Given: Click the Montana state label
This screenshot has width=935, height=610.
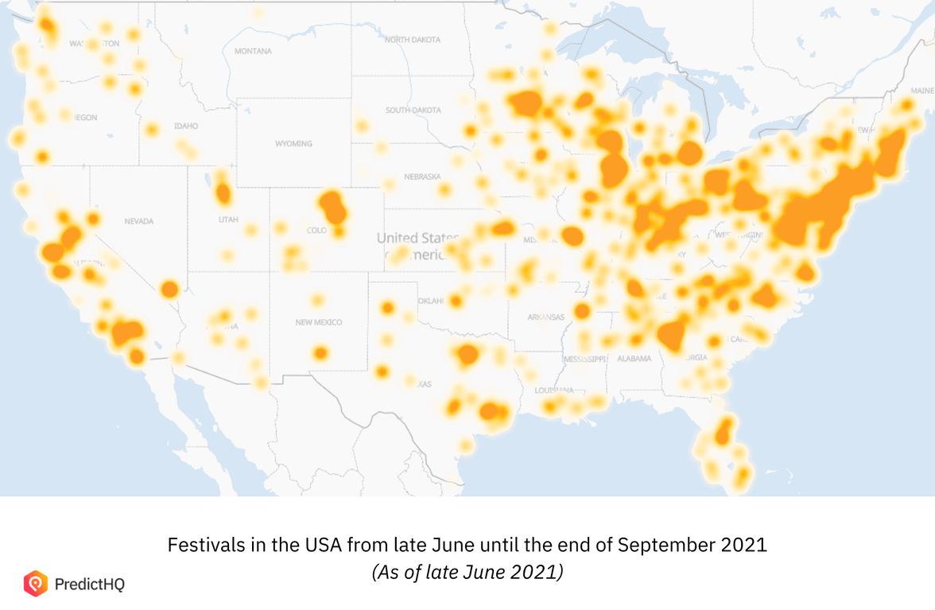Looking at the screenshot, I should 253,52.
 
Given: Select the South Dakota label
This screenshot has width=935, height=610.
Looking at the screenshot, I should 413,111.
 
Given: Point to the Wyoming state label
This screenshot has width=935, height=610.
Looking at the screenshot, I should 293,144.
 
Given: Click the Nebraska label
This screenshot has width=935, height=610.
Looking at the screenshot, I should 422,177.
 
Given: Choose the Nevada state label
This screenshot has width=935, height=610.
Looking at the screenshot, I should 138,221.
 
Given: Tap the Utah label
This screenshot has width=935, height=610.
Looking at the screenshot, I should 227,220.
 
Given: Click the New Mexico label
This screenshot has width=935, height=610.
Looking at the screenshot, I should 318,322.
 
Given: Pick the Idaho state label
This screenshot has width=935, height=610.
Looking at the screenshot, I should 185,126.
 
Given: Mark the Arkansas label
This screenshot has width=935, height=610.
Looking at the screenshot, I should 546,317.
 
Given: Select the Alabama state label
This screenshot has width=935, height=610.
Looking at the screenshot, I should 634,359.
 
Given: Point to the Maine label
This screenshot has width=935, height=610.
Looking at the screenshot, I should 922,91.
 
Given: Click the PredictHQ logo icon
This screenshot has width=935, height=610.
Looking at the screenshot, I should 36,584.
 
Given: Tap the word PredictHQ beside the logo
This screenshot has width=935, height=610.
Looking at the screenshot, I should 90,585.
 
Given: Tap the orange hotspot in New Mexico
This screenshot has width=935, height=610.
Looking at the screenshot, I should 320,352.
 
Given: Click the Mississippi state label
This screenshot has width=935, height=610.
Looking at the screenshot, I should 584,359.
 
